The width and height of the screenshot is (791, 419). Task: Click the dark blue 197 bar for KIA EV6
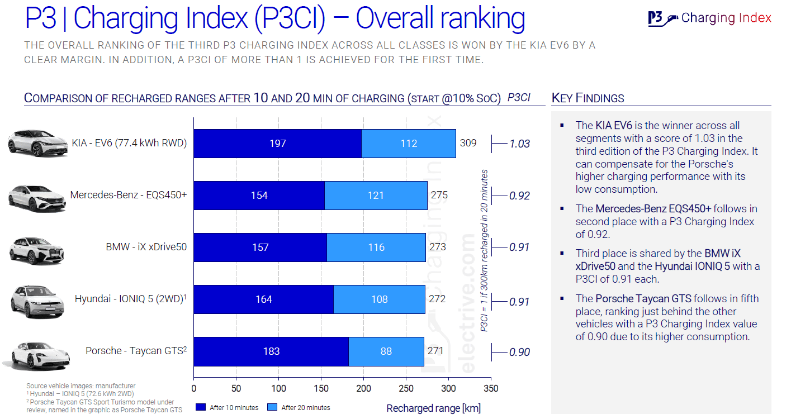pyautogui.click(x=277, y=144)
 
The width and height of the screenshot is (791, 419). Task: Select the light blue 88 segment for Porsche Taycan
pyautogui.click(x=386, y=351)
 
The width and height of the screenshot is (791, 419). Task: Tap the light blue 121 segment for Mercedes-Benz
pyautogui.click(x=376, y=196)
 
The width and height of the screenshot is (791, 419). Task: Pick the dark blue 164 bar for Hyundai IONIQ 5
pyautogui.click(x=263, y=299)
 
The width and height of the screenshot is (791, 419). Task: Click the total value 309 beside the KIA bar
pyautogui.click(x=468, y=143)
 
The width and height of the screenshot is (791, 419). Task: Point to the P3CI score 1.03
pyautogui.click(x=519, y=144)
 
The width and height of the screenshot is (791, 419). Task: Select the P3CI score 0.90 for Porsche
pyautogui.click(x=519, y=352)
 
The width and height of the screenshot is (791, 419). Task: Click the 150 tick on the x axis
pyautogui.click(x=321, y=389)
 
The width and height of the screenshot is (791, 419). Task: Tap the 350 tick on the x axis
pyautogui.click(x=490, y=389)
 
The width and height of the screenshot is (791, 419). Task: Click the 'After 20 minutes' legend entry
pyautogui.click(x=300, y=407)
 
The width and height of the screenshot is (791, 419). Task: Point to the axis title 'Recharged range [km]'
pyautogui.click(x=433, y=408)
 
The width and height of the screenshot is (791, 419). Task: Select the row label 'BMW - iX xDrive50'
pyautogui.click(x=146, y=247)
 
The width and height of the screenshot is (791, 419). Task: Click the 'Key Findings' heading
pyautogui.click(x=588, y=98)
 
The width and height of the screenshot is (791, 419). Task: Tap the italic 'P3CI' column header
pyautogui.click(x=518, y=97)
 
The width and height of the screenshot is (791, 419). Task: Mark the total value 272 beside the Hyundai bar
pyautogui.click(x=437, y=299)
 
